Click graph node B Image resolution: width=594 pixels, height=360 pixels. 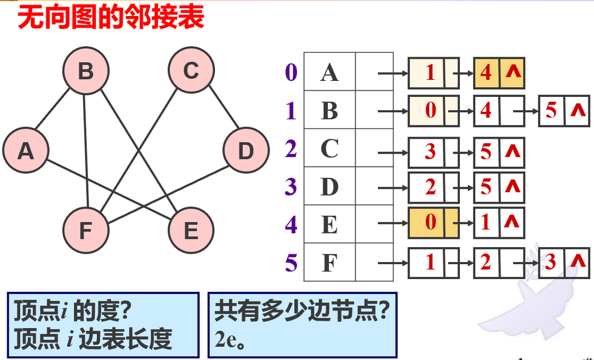pos(85,71)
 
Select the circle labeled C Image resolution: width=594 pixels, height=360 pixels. pos(191,71)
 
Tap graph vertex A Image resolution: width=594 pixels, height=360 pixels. pos(25,150)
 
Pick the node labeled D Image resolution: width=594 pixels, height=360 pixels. pos(246,150)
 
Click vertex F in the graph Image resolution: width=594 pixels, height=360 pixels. pos(85,231)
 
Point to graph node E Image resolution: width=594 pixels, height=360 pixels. pos(191,231)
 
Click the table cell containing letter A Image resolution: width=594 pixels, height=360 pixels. pos(329,72)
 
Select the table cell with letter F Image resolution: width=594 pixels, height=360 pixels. pos(329,263)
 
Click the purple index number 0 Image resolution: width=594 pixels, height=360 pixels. pos(291,72)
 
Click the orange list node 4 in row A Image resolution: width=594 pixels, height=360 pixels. pos(487,73)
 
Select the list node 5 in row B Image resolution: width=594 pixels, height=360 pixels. pos(552,111)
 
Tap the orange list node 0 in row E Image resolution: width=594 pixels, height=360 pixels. pos(431,223)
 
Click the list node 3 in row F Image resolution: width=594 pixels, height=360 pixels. pos(552,263)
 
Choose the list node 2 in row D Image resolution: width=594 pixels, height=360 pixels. pos(431,187)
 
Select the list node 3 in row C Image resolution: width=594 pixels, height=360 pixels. pos(431,151)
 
